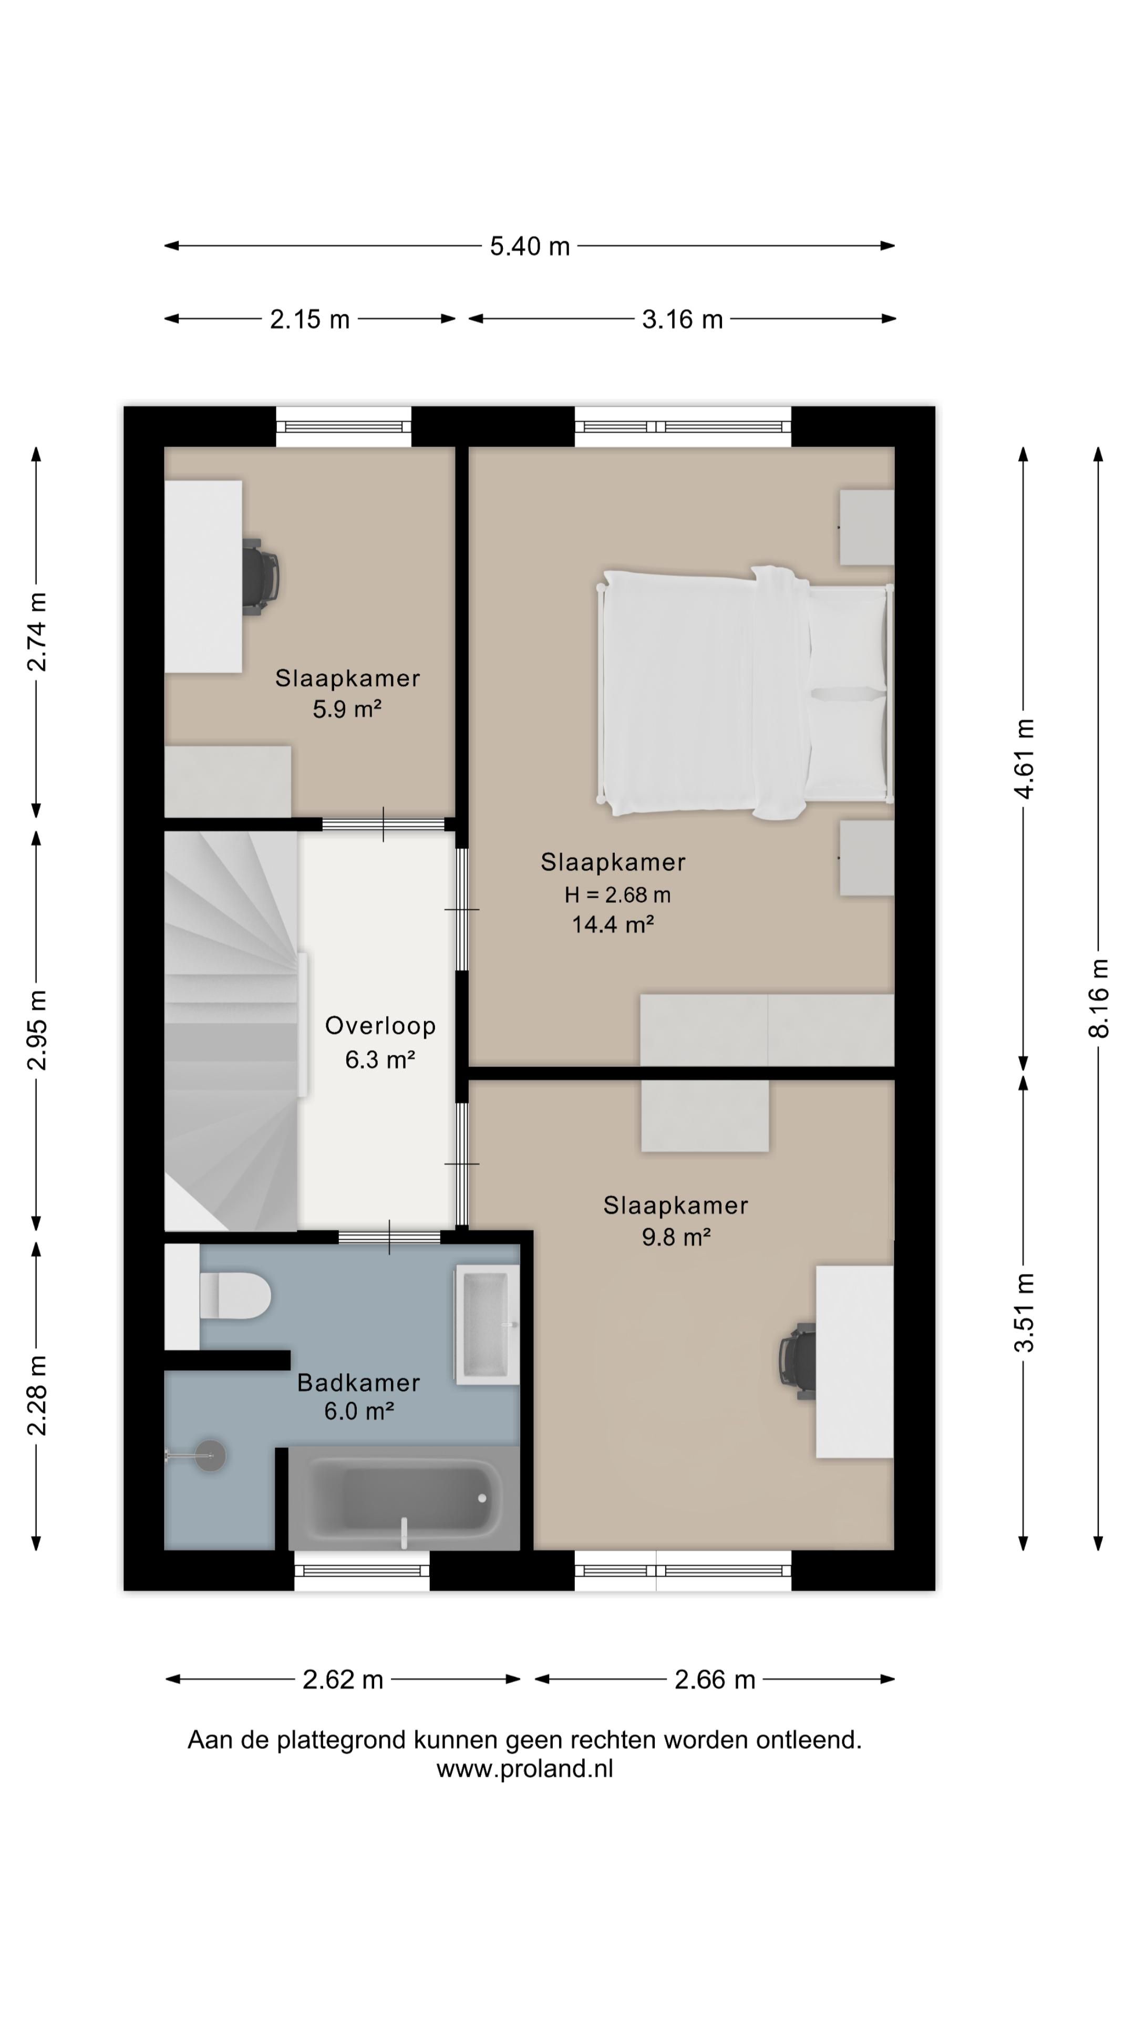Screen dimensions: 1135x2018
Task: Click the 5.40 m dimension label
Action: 530,246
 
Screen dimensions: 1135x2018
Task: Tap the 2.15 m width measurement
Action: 309,320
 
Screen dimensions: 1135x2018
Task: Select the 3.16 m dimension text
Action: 682,320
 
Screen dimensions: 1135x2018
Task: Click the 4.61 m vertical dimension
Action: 1025,758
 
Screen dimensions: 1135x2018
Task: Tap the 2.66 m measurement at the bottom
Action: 715,1680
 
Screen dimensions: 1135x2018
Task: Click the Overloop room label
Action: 380,1025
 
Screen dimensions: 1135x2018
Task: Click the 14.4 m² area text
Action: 613,924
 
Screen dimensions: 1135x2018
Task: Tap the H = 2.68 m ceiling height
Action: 617,894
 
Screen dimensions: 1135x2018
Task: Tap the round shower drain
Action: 211,1456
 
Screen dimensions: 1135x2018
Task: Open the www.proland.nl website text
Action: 525,1769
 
